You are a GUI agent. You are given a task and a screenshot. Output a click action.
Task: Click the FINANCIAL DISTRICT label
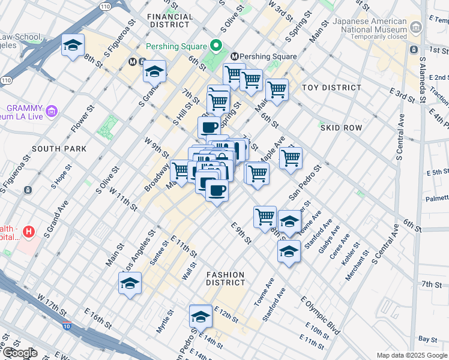(x=170, y=21)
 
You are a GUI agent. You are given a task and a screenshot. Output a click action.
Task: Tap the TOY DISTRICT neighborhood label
(x=331, y=88)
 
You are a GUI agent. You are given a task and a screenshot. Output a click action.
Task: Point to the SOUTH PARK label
(x=59, y=149)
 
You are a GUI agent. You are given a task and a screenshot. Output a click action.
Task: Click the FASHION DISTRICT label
(x=226, y=278)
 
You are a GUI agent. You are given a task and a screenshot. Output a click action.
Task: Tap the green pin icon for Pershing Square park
(x=215, y=46)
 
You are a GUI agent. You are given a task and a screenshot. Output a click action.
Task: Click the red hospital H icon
(x=28, y=230)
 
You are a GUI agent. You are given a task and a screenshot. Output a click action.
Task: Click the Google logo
(x=20, y=353)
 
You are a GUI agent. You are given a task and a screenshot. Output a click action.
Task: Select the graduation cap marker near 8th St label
(x=73, y=46)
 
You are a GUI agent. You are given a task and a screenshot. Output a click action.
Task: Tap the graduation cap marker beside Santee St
(x=129, y=284)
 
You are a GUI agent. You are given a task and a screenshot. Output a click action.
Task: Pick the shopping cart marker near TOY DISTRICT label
(x=276, y=89)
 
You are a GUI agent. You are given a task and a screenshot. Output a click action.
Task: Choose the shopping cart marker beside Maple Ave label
(x=291, y=158)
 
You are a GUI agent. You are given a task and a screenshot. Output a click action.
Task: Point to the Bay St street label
(x=428, y=340)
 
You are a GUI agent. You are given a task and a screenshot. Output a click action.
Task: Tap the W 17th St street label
(x=52, y=305)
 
